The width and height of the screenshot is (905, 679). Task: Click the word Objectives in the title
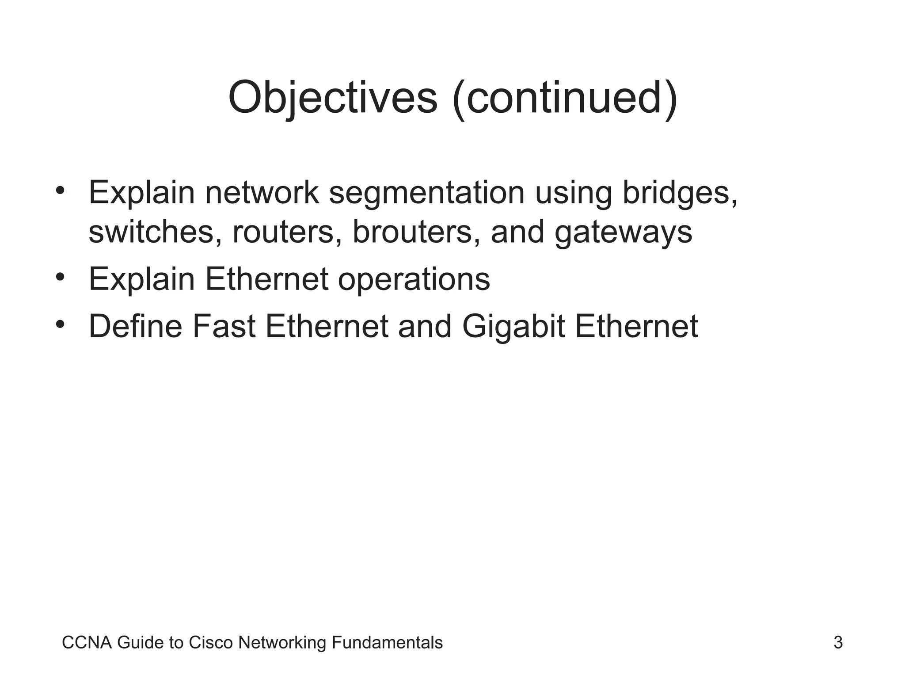332,98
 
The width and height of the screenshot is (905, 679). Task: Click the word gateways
623,232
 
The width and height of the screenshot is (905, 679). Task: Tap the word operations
414,279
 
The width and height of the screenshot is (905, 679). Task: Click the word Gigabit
513,327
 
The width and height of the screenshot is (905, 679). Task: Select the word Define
136,327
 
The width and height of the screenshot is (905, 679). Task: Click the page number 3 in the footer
838,643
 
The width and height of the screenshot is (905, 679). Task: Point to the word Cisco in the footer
210,643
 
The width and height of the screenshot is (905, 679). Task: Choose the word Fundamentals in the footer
387,643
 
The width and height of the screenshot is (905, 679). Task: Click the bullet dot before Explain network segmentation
61,191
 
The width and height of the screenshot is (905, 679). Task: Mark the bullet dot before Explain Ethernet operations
61,278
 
